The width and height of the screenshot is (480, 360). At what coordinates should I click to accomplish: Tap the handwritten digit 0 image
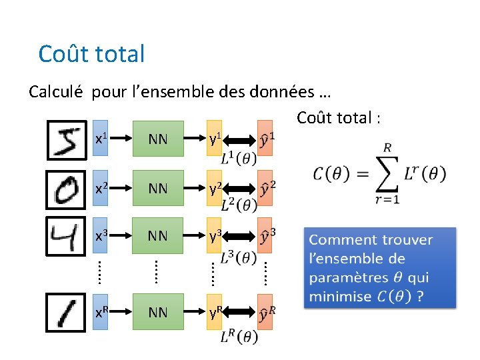coord(66,189)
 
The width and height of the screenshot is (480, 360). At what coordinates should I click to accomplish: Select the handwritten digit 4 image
coord(66,236)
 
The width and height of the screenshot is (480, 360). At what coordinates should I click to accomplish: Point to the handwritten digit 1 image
coord(66,311)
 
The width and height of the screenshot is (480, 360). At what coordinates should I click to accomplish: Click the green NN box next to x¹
coord(158,139)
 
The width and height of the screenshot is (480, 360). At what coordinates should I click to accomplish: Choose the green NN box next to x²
coord(158,189)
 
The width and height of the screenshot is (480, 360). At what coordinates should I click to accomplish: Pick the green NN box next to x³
coord(158,236)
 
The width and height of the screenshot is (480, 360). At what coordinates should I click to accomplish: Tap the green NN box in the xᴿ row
coord(158,312)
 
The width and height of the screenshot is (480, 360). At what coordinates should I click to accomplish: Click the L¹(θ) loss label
coord(239,159)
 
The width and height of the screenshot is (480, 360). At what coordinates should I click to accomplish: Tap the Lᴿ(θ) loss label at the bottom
coord(239,337)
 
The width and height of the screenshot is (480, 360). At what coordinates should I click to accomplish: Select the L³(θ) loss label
coord(239,257)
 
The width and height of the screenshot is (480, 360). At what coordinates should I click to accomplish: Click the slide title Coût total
coord(91,53)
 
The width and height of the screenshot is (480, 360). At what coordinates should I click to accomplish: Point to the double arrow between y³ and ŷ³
coord(241,236)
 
